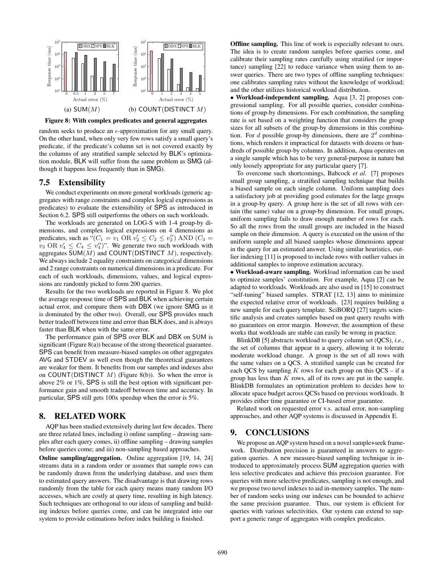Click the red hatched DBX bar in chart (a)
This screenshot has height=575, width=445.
[65, 72]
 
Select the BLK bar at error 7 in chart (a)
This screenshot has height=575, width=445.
[114, 77]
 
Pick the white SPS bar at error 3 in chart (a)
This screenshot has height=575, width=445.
[92, 83]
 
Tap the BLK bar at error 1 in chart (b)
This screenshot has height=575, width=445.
[162, 72]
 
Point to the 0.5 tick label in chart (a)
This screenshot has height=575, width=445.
[76, 93]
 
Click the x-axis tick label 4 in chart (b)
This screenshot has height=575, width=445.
[190, 93]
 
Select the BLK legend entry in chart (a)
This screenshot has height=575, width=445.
[109, 46]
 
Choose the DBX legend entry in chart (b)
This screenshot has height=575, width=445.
[171, 46]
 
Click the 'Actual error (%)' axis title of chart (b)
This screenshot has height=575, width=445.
[176, 99]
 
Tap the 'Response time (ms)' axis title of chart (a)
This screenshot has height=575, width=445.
[49, 66]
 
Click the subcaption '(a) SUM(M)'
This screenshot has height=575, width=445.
[82, 109]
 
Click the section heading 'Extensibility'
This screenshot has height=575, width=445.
[82, 182]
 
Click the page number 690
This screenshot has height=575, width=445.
[222, 553]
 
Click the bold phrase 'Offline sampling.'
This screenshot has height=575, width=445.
[254, 44]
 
